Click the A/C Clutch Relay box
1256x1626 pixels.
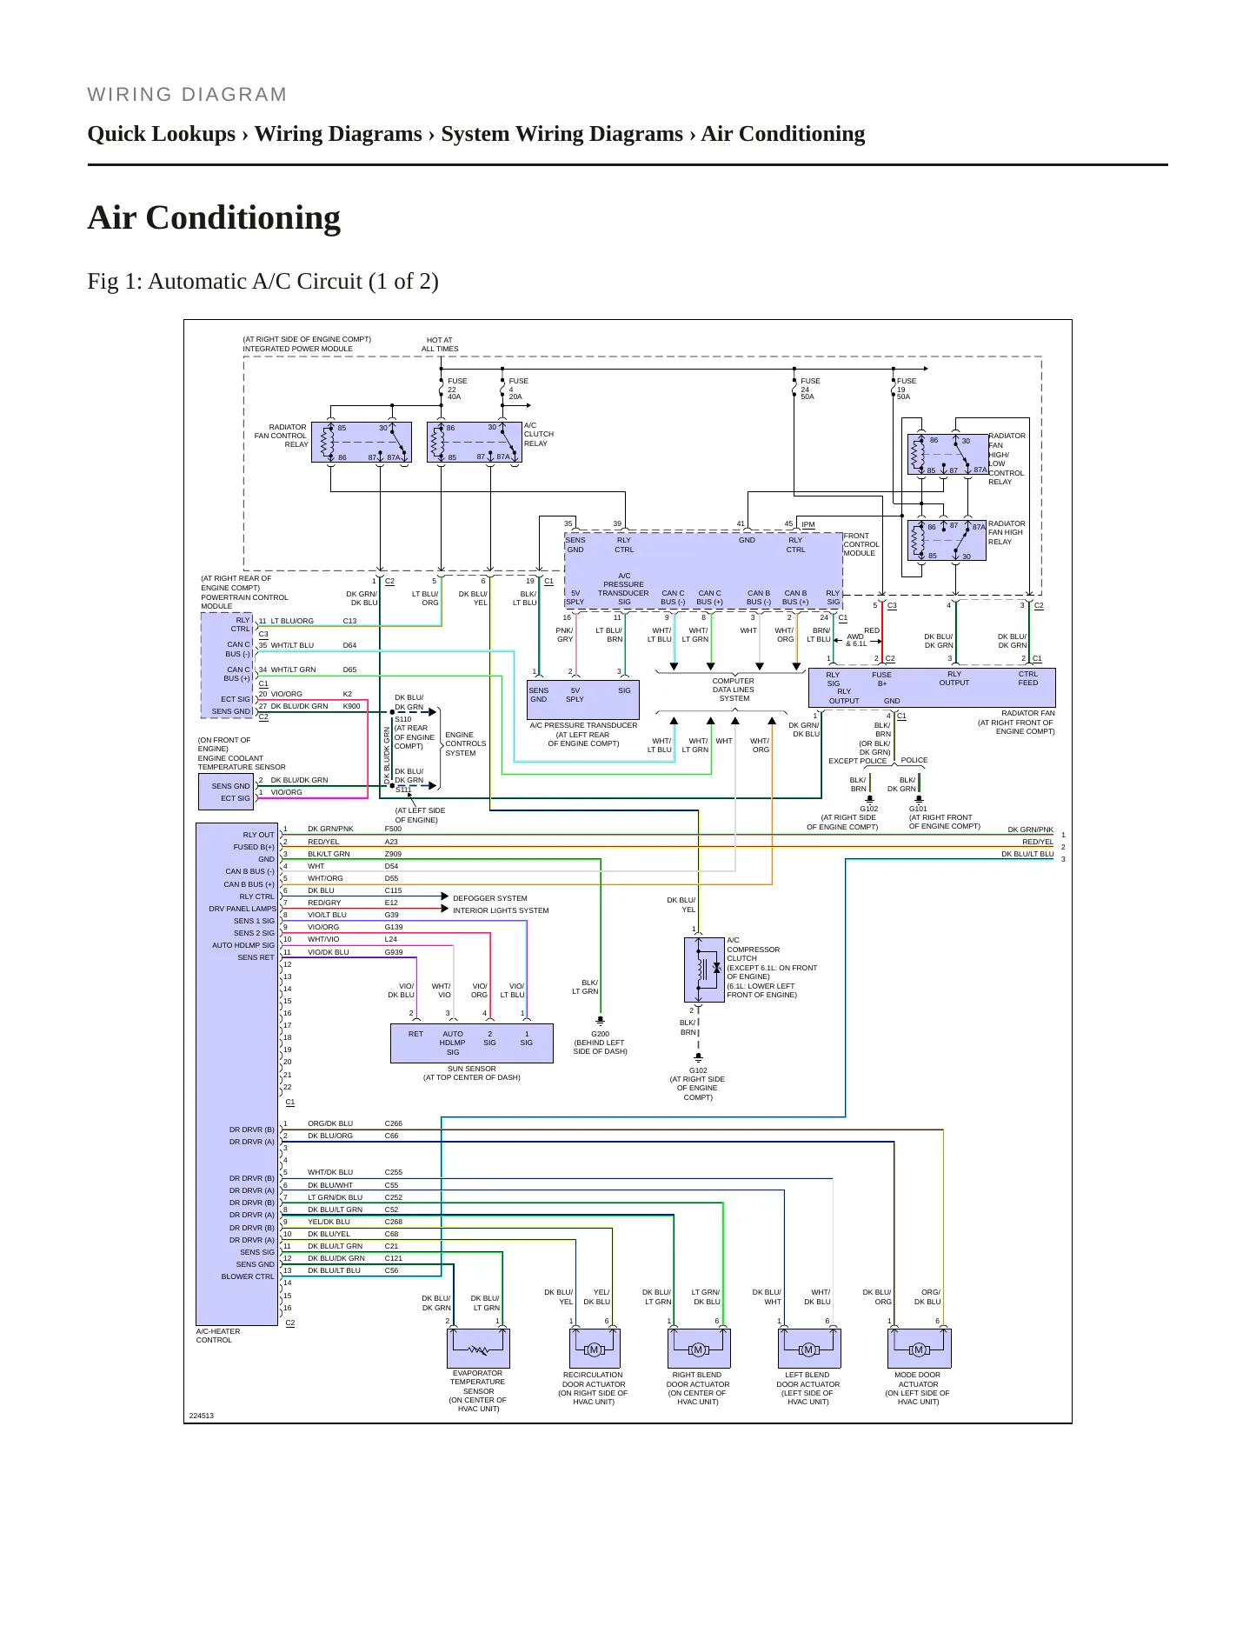click(474, 443)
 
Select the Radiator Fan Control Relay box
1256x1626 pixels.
click(362, 443)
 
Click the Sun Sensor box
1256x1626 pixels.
click(472, 1043)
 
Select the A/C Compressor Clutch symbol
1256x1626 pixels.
click(704, 970)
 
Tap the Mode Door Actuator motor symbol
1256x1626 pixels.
click(919, 1349)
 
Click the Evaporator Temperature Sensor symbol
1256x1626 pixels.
click(478, 1349)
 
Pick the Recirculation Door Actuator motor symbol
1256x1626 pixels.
click(595, 1349)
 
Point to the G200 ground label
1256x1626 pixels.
click(600, 1034)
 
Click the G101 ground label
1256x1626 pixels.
click(918, 809)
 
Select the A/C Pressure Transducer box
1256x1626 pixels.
click(583, 699)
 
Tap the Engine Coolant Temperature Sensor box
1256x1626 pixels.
click(226, 791)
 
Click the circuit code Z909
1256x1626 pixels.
click(393, 854)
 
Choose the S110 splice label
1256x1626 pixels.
click(403, 719)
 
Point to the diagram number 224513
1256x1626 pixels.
click(202, 1416)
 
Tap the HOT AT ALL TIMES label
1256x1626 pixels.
click(440, 344)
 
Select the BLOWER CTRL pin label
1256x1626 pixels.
click(248, 1276)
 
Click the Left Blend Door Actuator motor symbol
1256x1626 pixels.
click(809, 1349)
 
